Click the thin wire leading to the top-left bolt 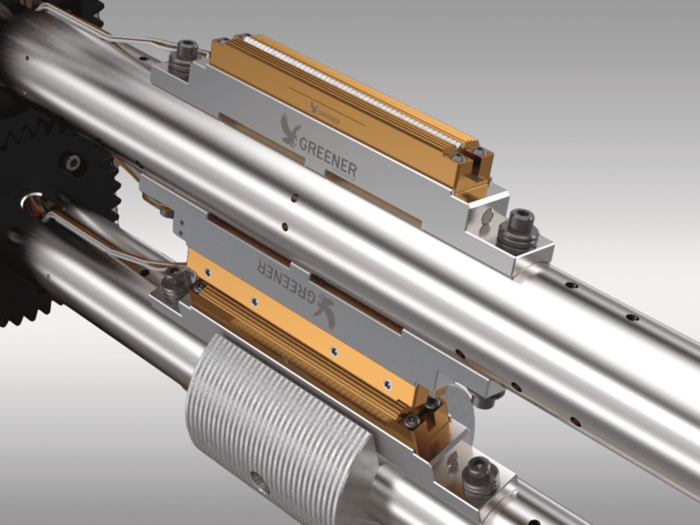pyautogui.click(x=137, y=40)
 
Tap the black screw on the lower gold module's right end pyautogui.click(x=413, y=420)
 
